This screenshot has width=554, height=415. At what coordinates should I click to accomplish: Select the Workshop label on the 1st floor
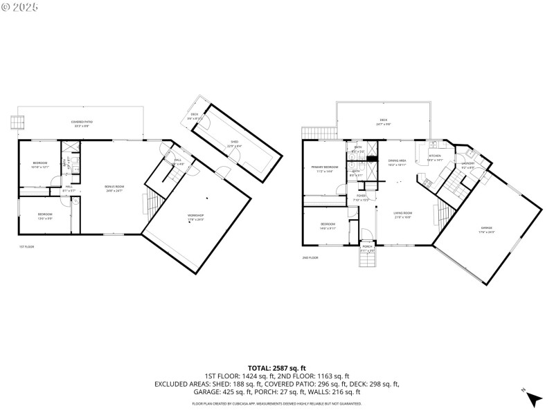coord(196,217)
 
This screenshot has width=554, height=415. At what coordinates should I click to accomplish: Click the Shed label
coord(235,143)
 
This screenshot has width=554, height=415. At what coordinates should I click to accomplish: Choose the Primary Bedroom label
coord(325,169)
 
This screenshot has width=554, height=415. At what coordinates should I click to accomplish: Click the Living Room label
coord(403,214)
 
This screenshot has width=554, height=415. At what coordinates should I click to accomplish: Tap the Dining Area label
coord(397,162)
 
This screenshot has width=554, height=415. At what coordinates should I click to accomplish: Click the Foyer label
coord(361,198)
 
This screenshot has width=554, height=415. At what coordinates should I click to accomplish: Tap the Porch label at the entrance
coord(367,248)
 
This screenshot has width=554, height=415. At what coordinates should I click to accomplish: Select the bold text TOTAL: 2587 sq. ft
coord(277,368)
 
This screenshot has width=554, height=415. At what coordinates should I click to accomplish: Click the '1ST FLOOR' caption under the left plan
coord(26,247)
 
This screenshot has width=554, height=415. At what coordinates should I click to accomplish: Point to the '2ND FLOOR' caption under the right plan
coord(310,257)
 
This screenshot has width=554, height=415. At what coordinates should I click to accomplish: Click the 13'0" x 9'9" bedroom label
coord(45,216)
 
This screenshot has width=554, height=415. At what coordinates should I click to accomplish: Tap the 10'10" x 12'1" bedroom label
coord(39,165)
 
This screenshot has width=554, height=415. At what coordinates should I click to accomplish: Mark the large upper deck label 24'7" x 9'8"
coord(384,122)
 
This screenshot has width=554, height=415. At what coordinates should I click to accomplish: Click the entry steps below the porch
coord(367,261)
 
